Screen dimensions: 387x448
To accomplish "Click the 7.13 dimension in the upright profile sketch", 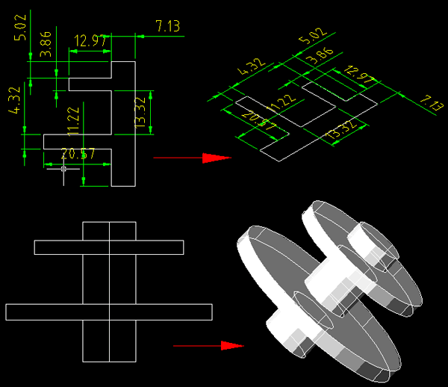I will point(168,27).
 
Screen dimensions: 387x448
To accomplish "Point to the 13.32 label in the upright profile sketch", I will point(140,112).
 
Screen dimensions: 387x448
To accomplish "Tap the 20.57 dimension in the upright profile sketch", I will point(78,155).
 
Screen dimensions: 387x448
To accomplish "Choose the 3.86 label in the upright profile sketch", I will point(46,44).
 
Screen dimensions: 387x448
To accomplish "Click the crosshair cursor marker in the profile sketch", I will point(63,169).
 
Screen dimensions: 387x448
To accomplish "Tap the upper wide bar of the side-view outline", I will point(109,247).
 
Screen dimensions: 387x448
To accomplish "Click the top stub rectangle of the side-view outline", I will point(109,231).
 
